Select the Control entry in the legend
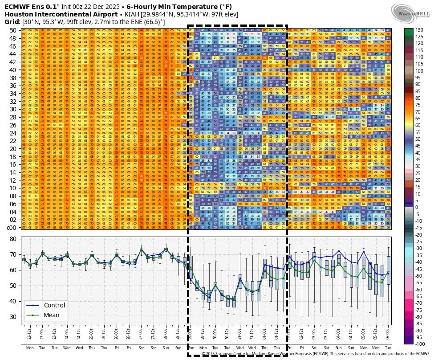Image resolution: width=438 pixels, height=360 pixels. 54,305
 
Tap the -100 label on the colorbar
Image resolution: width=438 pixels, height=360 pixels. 420,344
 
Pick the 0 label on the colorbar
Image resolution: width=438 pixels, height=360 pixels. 417,207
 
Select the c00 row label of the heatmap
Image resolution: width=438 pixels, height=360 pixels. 12,228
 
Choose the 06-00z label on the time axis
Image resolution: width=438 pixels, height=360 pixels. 388,332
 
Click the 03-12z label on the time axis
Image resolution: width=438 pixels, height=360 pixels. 326,332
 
